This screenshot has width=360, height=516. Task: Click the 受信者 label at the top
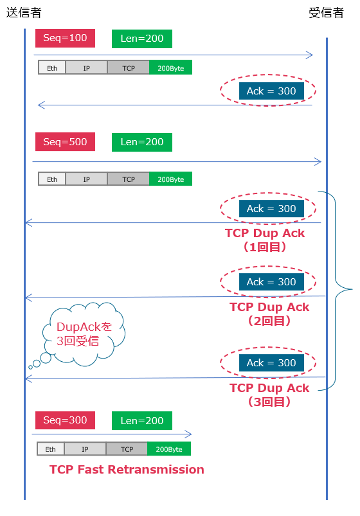coord(326,13)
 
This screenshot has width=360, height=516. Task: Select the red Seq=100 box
coord(65,39)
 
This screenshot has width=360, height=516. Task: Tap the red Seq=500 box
coord(65,142)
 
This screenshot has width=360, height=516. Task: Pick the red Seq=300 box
coord(65,420)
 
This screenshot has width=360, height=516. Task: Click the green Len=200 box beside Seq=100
coord(141,39)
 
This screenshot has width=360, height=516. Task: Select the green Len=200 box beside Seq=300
coord(141,420)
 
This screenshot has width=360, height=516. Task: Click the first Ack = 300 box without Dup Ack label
coord(271,91)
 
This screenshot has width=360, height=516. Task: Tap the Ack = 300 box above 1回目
coord(271,209)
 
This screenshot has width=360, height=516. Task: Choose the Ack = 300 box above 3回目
coord(271,363)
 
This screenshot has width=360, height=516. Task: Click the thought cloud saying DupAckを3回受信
coord(82,334)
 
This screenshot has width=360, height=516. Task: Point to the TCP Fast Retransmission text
coord(127,470)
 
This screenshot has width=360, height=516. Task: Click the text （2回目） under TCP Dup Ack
coord(269,321)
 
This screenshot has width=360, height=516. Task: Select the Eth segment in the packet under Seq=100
coord(51,68)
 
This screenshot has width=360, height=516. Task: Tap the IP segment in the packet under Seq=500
coord(86,179)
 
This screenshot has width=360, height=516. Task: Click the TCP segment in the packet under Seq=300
coord(127,449)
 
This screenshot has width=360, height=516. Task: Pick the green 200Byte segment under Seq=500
coord(170,179)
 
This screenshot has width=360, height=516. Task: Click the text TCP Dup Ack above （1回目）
coord(265,233)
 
